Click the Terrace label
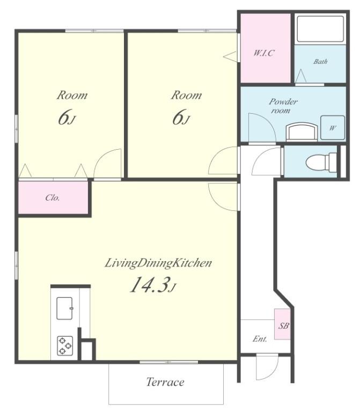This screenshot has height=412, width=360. tap(165, 382)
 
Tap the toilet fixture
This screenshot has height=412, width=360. tap(321, 161)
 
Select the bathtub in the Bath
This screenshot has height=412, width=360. tap(320, 29)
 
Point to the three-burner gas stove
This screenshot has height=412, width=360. tap(64, 346)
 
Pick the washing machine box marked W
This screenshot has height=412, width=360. tap(333, 128)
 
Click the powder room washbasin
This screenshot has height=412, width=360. tap(302, 133)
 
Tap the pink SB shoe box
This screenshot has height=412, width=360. tap(283, 324)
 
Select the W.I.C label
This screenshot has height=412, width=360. tap(264, 53)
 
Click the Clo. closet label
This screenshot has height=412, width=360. tap(53, 197)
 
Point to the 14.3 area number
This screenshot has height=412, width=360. tap(149, 285)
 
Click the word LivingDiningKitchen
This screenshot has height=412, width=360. tap(158, 263)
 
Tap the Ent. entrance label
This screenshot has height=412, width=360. tap(260, 339)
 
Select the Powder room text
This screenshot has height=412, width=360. tap(283, 106)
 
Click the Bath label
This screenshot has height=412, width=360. tap(320, 62)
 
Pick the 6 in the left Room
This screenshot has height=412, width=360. tap(64, 117)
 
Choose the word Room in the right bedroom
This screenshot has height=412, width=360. tap(186, 95)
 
